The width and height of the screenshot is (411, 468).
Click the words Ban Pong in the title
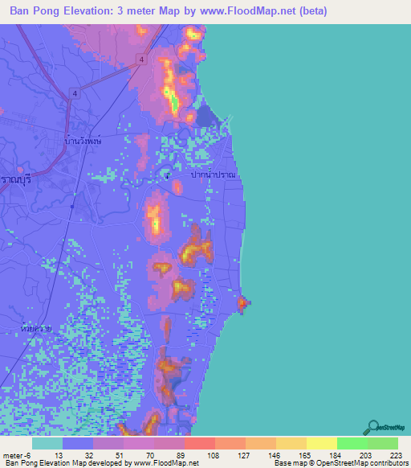(x=37, y=12)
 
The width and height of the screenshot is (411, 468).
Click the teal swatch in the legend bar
(x=47, y=443)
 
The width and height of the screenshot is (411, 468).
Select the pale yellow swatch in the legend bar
(x=321, y=443)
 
